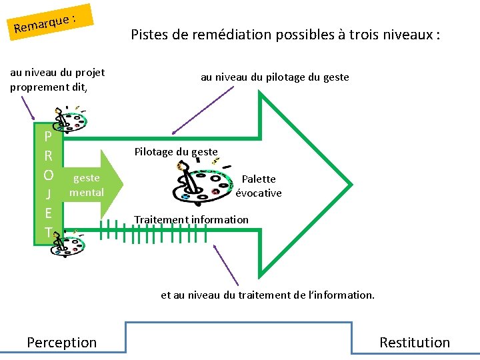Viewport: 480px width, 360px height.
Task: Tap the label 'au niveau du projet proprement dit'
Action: [57, 79]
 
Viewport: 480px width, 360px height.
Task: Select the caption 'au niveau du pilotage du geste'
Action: [275, 77]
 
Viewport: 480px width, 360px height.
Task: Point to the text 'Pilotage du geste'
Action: [176, 151]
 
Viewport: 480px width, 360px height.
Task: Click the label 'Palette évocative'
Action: [259, 186]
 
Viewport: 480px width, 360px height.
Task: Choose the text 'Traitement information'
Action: [191, 219]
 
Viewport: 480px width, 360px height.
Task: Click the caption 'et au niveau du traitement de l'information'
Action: [267, 294]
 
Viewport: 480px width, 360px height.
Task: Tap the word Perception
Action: [61, 342]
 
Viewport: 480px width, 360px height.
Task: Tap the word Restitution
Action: [415, 342]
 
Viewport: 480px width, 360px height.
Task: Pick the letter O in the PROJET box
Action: [48, 175]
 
